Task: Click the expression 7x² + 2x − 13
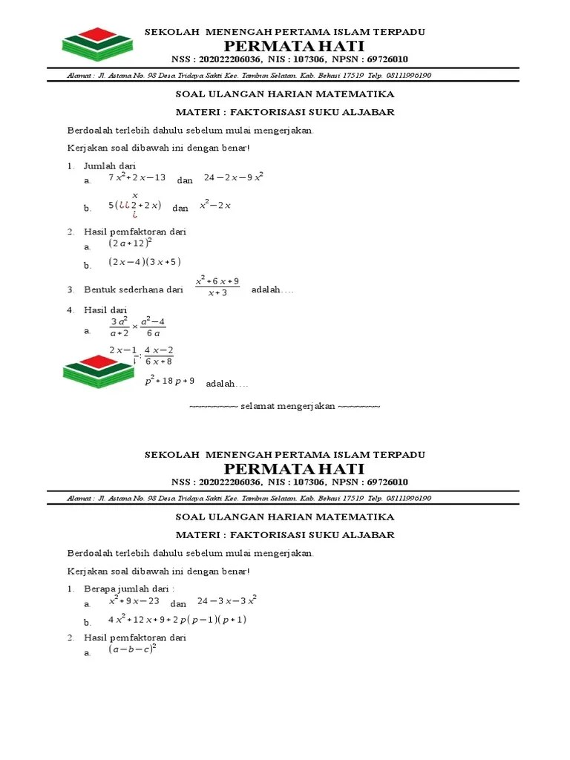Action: (137, 178)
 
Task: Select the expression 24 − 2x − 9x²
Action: (234, 177)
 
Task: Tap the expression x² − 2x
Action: (215, 206)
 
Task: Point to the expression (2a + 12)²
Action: (130, 243)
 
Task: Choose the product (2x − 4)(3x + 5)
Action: (144, 262)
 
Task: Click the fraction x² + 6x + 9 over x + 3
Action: (217, 286)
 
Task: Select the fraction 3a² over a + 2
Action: (119, 327)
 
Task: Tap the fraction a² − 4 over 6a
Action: (153, 327)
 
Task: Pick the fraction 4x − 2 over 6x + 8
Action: (159, 356)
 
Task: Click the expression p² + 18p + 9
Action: (169, 381)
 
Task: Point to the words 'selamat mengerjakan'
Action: (285, 407)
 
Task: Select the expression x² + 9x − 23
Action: (134, 601)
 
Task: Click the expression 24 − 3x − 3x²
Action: (227, 601)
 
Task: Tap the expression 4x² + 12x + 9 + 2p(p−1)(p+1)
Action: (177, 620)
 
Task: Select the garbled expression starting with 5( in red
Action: (134, 206)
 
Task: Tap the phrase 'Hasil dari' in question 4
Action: (105, 309)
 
